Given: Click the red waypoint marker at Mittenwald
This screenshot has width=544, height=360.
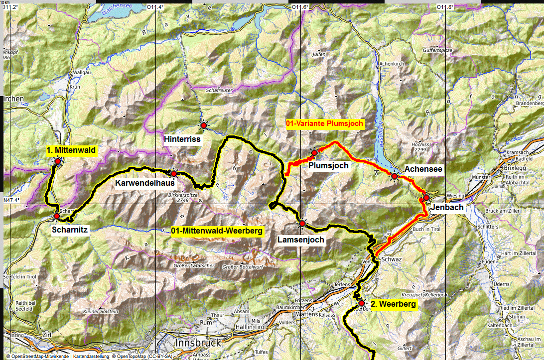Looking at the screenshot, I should click(x=57, y=161).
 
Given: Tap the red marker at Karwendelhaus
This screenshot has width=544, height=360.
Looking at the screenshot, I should click(x=174, y=174).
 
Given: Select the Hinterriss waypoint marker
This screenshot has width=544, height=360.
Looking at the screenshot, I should click(x=203, y=125).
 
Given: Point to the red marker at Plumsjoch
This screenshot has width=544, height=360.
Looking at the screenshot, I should click(x=315, y=152).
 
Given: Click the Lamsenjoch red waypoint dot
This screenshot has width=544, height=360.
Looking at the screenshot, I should click(x=302, y=224).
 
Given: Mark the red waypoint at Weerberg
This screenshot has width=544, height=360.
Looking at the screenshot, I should click(x=362, y=303).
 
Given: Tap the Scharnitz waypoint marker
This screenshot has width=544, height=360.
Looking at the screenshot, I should click(x=57, y=216).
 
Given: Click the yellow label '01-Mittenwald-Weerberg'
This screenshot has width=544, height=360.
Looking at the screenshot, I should click(x=216, y=231).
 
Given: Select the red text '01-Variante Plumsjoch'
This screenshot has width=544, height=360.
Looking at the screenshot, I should click(x=325, y=123).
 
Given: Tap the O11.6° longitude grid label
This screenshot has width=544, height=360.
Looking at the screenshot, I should click(x=300, y=7).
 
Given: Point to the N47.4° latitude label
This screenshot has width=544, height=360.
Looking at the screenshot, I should click(x=13, y=200).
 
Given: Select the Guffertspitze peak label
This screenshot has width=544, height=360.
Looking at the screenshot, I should click(x=437, y=51).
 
